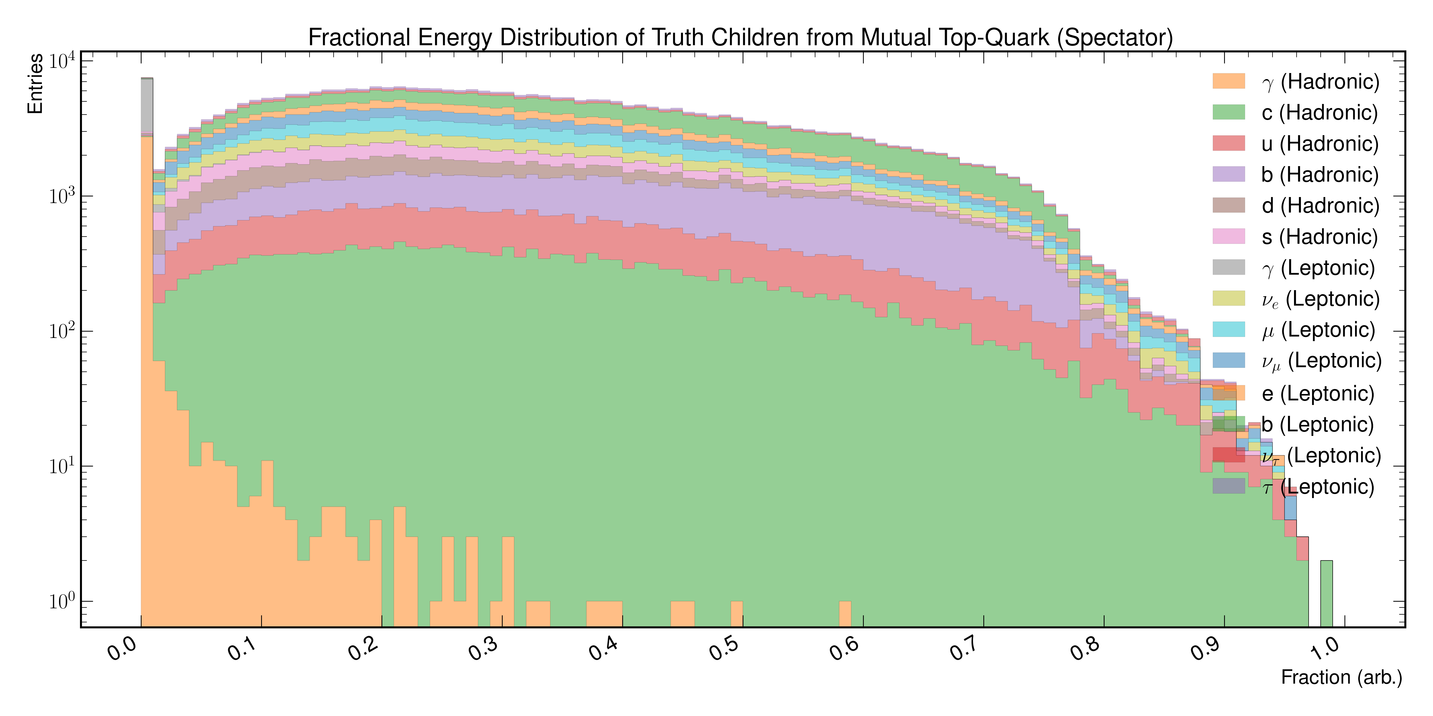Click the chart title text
click(x=740, y=38)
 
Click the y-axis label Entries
click(x=35, y=83)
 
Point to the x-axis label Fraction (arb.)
click(x=1341, y=677)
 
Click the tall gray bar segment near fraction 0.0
click(x=147, y=106)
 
